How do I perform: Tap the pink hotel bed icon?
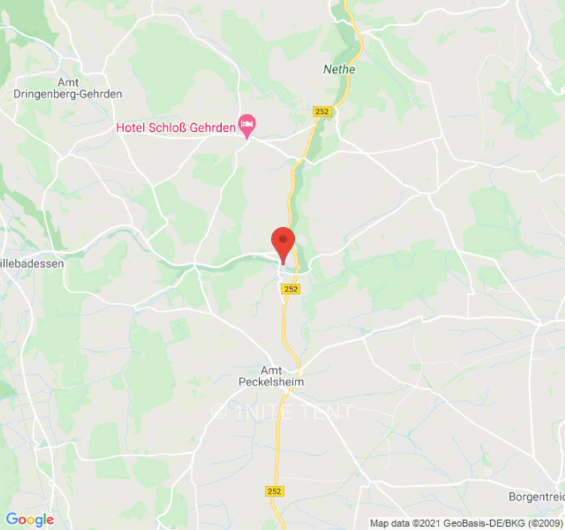[248, 123]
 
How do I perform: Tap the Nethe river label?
[339, 69]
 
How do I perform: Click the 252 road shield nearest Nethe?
[322, 112]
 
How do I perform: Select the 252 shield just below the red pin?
[290, 289]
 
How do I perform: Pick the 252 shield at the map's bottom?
[274, 491]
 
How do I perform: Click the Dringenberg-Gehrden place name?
[68, 94]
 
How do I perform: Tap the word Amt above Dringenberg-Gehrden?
[68, 82]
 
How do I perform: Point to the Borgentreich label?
[536, 496]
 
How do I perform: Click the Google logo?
[30, 520]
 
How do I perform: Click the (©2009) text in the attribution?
[540, 523]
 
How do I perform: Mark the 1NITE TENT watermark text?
[291, 411]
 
